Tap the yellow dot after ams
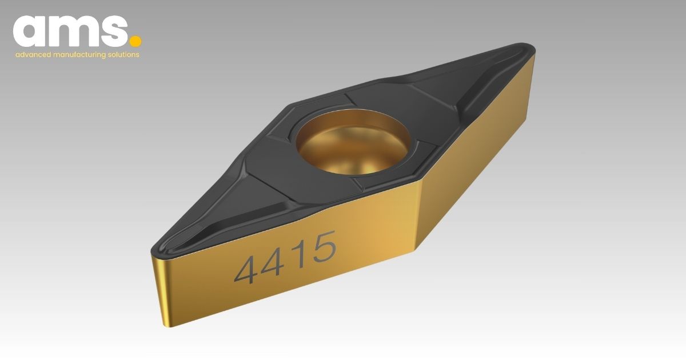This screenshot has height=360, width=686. [135, 42]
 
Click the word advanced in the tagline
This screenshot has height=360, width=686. [33, 55]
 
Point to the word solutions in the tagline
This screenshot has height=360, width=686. [123, 55]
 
